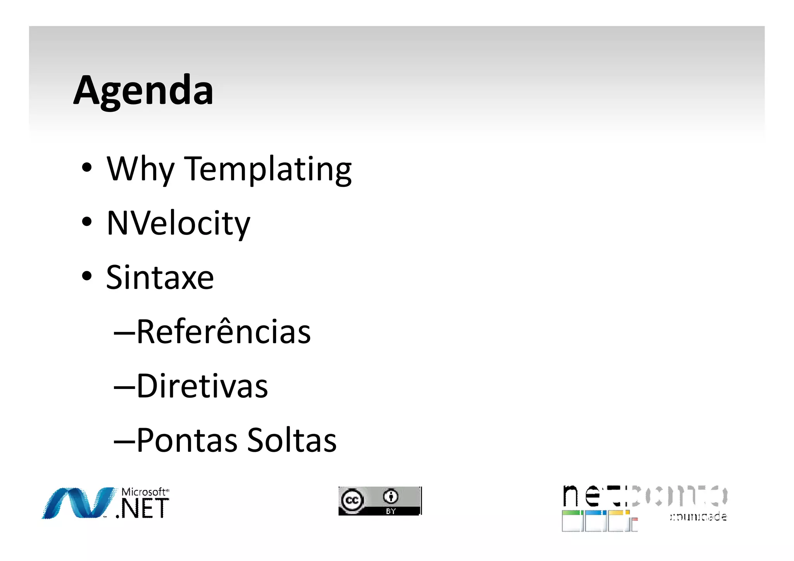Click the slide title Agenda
click(143, 91)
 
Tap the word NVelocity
click(178, 223)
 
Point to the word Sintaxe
click(160, 277)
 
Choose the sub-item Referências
click(224, 332)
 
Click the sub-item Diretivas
click(202, 386)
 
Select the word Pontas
click(187, 440)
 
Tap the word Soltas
click(292, 440)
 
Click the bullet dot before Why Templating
click(87, 167)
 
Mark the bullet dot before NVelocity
click(87, 222)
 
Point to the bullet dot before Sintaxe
click(87, 276)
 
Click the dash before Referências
click(124, 332)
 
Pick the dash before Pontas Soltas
click(124, 441)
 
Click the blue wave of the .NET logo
click(78, 503)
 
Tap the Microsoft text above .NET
click(144, 492)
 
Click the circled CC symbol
click(352, 500)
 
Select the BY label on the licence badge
click(391, 511)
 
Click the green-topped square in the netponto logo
click(572, 521)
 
